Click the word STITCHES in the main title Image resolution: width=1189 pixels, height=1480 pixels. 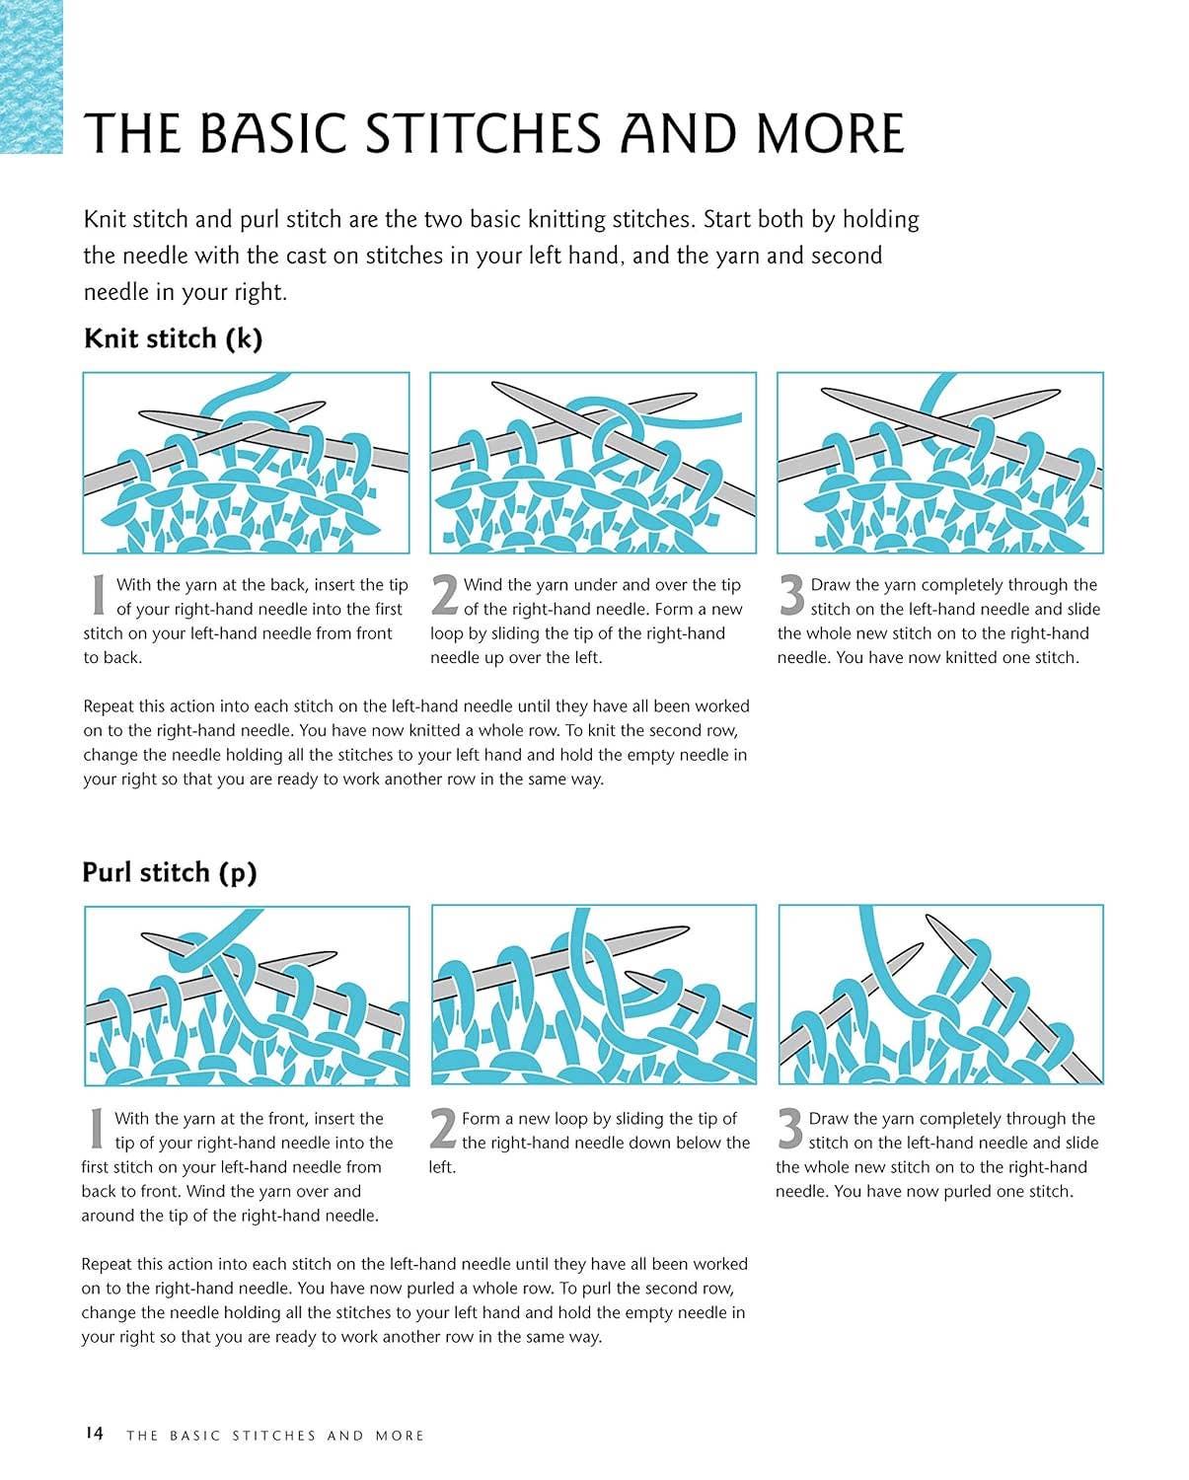pos(483,133)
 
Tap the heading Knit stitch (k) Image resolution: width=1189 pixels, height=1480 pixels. pos(173,339)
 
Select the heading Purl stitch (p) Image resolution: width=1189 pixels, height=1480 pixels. pos(169,873)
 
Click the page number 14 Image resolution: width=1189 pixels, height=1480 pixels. pos(94,1433)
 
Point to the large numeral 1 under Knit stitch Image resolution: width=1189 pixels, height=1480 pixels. pos(99,595)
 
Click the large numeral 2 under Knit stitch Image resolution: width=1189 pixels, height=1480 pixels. pos(444,595)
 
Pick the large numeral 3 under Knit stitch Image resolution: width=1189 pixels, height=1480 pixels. pos(791,595)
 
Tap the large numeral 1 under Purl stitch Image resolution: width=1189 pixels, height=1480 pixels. pos(97,1129)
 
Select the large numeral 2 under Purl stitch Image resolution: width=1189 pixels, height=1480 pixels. pos(443,1129)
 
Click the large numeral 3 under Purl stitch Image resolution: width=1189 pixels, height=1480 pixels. pos(790,1129)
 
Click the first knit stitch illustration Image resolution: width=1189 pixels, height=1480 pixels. pos(247,463)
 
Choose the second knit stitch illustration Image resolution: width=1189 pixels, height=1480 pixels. pos(593,463)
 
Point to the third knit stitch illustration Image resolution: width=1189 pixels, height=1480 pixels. pos(940,463)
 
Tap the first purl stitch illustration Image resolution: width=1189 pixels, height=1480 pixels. pos(247,996)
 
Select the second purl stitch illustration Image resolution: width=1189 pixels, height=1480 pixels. pos(593,995)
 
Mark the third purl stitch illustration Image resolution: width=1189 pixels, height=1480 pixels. pos(940,995)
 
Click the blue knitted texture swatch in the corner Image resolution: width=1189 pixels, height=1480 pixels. pos(31,76)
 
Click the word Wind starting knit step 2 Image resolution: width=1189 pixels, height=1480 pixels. pos(481,585)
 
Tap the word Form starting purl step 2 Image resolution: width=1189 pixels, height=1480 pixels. pos(480,1119)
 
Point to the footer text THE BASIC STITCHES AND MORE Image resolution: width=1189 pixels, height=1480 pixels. pos(275,1436)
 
